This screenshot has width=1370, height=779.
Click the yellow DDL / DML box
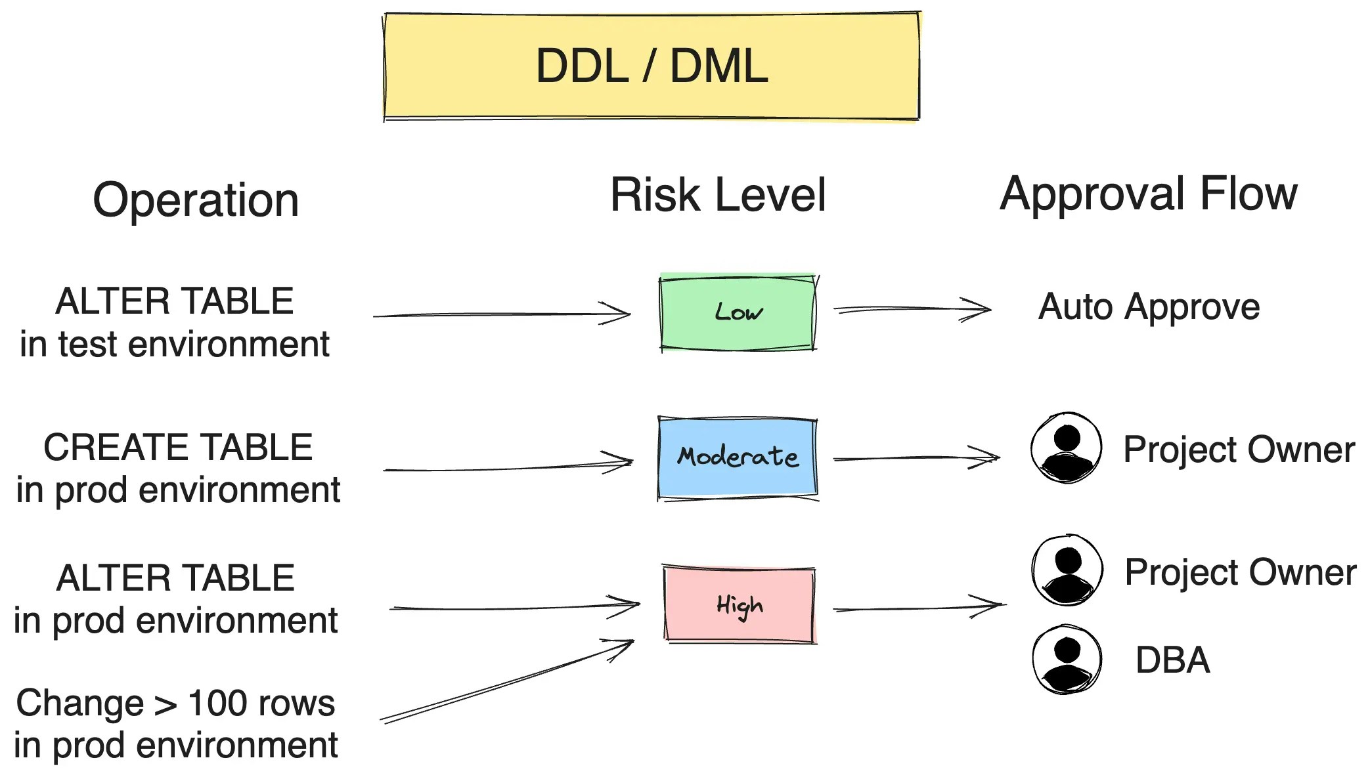tap(652, 66)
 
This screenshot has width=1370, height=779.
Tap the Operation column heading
tap(196, 200)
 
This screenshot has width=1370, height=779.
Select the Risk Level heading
tap(718, 195)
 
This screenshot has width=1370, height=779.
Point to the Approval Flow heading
tap(1148, 194)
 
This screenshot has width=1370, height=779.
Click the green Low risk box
tap(738, 313)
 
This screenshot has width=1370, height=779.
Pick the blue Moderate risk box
tap(738, 457)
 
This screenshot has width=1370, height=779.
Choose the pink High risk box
tap(739, 604)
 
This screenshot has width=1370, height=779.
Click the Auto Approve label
tap(1149, 306)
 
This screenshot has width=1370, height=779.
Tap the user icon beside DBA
tap(1067, 659)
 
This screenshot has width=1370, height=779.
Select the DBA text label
tap(1172, 660)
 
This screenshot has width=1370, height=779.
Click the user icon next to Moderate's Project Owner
tap(1066, 448)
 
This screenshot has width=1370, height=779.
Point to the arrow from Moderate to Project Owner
tap(916, 457)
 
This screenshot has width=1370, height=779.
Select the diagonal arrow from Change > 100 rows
tap(506, 683)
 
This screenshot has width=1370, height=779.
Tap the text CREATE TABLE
tap(178, 448)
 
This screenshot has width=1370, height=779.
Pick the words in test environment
tap(174, 344)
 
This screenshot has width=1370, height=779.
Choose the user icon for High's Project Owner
tap(1067, 570)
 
